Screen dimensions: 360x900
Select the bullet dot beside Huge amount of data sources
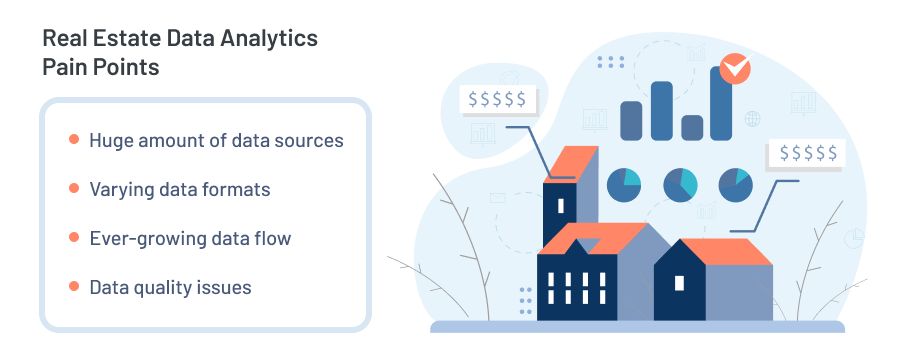point(74,140)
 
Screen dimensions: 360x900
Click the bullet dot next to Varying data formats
point(74,188)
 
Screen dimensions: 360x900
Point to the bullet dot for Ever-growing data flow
point(74,238)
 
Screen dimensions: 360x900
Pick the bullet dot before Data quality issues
point(74,287)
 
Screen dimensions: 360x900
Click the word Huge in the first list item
point(109,140)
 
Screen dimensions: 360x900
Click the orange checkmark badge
point(734,68)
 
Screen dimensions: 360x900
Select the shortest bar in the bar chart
point(691,127)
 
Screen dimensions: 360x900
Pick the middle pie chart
point(680,184)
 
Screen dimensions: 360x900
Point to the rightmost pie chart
point(735,184)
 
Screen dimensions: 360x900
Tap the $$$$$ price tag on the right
point(806,154)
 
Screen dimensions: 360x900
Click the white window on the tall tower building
point(560,206)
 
